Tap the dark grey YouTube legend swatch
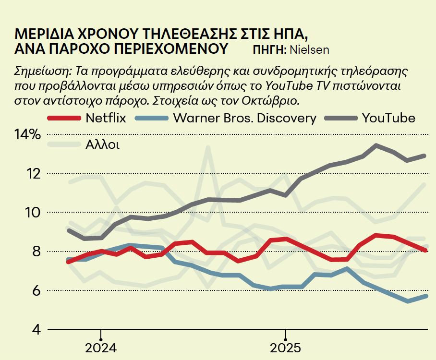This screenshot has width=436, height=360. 340,118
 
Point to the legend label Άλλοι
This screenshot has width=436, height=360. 102,144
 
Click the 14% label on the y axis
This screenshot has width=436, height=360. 27,135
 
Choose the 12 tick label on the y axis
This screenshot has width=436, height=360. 33,173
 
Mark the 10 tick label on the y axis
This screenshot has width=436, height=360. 33,213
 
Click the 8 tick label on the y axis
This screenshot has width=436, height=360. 36,252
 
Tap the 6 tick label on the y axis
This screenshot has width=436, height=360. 36,291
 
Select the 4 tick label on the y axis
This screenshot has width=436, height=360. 36,330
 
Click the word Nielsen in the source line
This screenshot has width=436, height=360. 310,49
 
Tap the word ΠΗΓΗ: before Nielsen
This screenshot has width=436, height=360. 269,49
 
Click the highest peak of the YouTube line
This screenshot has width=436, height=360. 376,145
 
